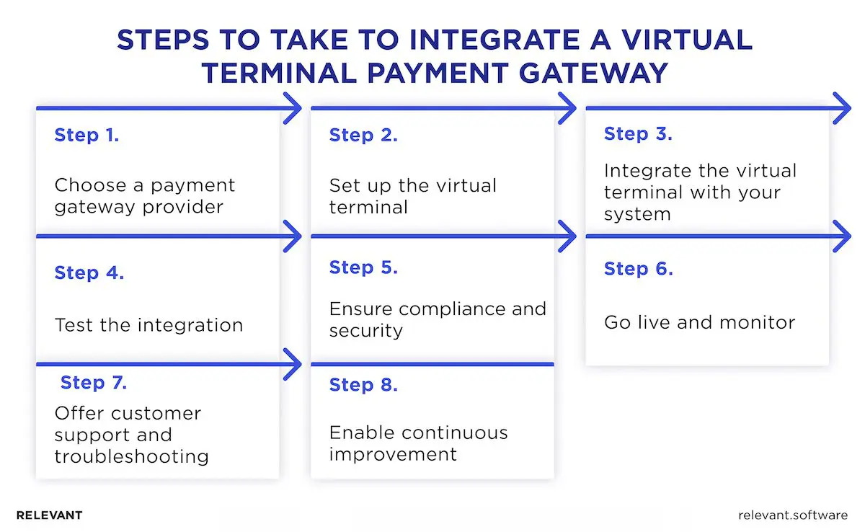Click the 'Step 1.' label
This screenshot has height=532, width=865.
pyautogui.click(x=86, y=135)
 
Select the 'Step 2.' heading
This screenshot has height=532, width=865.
pyautogui.click(x=363, y=135)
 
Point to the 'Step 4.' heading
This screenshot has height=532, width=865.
pyautogui.click(x=89, y=273)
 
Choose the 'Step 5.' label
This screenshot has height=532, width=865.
pyautogui.click(x=363, y=267)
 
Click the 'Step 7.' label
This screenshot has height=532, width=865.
pyautogui.click(x=94, y=383)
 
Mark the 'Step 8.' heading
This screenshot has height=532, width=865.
pyautogui.click(x=363, y=385)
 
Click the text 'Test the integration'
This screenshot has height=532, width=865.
pyautogui.click(x=148, y=325)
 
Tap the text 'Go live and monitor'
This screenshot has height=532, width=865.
pyautogui.click(x=699, y=322)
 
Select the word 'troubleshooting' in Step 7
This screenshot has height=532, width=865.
pyautogui.click(x=132, y=456)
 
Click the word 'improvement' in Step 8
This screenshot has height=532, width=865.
pyautogui.click(x=393, y=454)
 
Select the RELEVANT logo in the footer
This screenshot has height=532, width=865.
pyautogui.click(x=49, y=515)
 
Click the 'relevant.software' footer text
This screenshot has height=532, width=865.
pyautogui.click(x=793, y=515)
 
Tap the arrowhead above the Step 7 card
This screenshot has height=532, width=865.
pyautogui.click(x=293, y=364)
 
